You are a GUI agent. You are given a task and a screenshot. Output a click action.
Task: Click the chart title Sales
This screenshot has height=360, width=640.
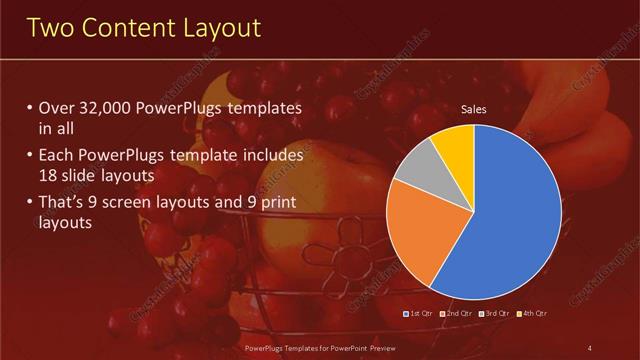474,110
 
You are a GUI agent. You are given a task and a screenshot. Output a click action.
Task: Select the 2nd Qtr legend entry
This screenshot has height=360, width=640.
458,313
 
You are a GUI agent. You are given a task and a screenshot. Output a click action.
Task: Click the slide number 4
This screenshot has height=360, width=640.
589,348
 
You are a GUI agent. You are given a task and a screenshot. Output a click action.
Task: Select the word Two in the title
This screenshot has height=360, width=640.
50,29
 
